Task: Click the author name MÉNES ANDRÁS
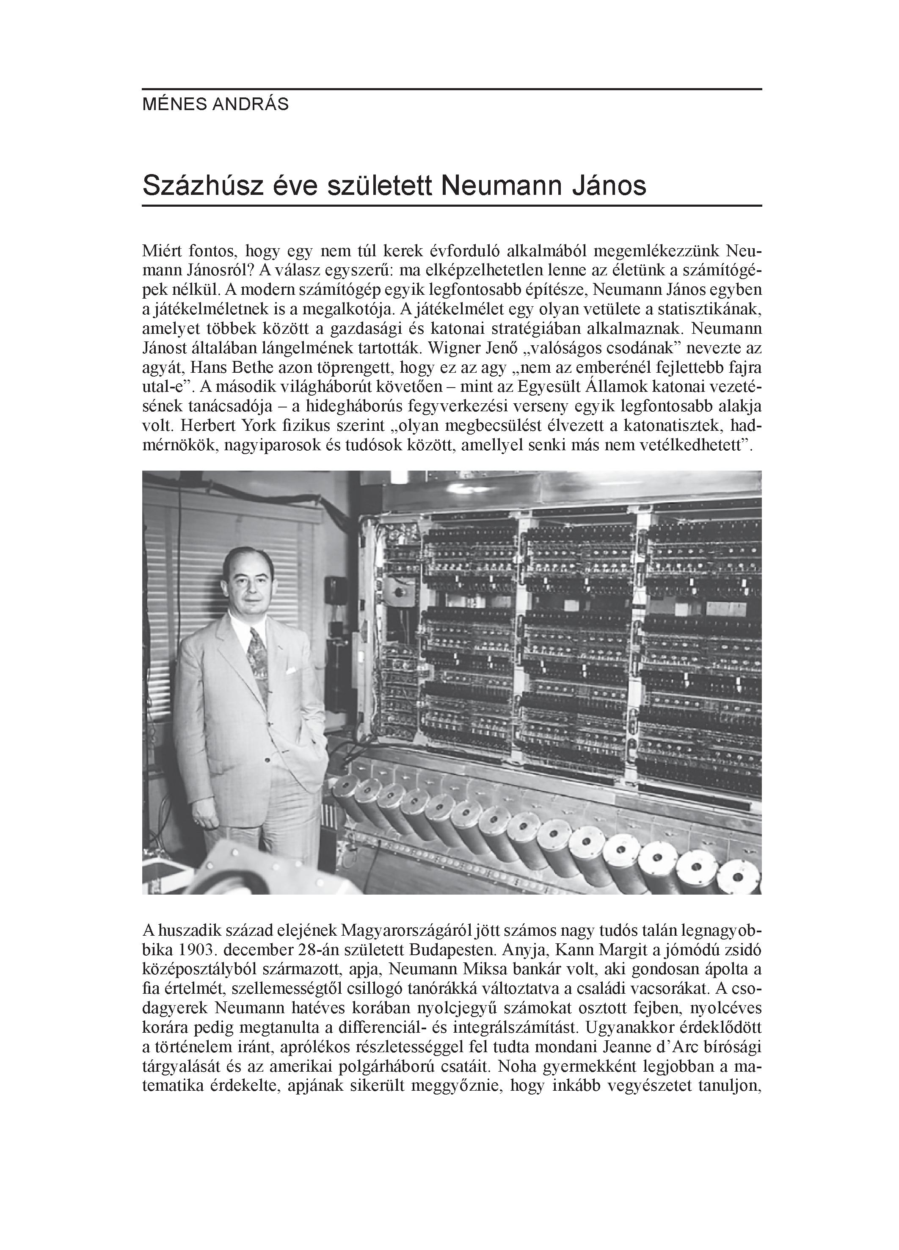tap(215, 105)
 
